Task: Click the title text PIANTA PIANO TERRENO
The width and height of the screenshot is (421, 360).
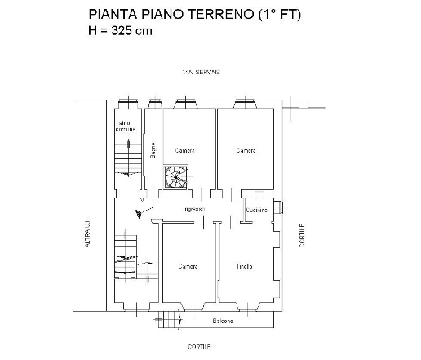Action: tap(163, 15)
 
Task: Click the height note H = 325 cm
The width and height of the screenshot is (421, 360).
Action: tap(120, 31)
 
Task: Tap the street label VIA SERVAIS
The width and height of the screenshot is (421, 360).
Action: tap(202, 73)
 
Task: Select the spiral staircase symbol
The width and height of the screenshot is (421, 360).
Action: tap(175, 177)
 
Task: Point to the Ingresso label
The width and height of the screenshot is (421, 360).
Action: tap(193, 210)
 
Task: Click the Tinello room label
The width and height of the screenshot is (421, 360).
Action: tap(245, 267)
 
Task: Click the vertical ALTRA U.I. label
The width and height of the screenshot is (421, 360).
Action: tap(86, 235)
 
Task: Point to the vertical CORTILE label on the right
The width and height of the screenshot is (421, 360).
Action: tap(302, 237)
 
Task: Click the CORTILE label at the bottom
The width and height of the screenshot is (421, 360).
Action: tap(199, 347)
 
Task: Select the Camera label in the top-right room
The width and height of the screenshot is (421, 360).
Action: tap(246, 150)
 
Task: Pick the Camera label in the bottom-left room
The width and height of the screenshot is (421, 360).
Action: tap(188, 267)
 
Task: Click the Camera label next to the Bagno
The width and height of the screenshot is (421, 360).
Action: tap(185, 150)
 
